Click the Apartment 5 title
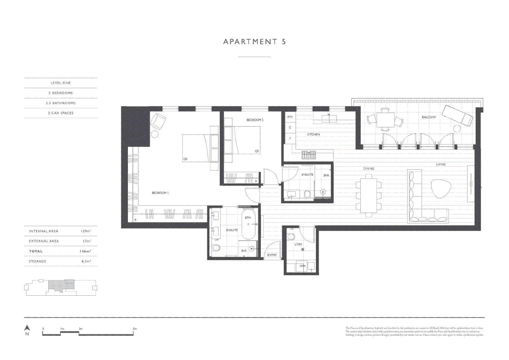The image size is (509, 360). pos(254,42)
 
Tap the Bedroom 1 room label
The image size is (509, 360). pos(160,193)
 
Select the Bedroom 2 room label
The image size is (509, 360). pos(255,120)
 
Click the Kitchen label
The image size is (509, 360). pos(313,134)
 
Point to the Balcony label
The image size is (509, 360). pos(429,117)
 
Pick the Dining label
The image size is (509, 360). pos(368,168)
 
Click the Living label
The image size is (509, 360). pos(440,164)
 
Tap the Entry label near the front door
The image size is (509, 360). pos(272,255)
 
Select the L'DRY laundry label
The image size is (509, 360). pos(298,244)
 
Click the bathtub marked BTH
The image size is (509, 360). pos(248,224)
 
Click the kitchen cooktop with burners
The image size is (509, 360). pos(308,155)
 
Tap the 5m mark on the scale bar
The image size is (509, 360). pos(135,329)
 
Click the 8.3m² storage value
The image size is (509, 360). pos(86,261)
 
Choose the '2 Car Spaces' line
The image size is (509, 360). pos(61,113)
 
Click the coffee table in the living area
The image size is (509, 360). pos(441,189)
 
